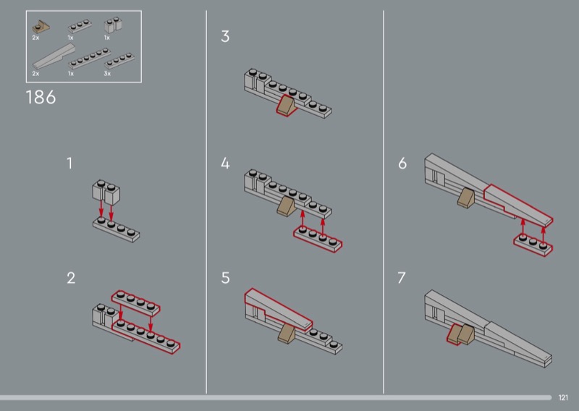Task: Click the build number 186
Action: [41, 98]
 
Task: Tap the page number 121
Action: [563, 397]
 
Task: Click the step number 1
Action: [69, 164]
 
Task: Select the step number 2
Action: [71, 278]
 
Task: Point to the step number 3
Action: [225, 36]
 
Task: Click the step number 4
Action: [225, 164]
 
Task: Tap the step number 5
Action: [225, 278]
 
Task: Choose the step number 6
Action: [402, 164]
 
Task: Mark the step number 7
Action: [402, 278]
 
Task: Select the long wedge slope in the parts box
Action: [54, 56]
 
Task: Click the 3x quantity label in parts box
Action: [107, 74]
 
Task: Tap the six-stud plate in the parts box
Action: [90, 58]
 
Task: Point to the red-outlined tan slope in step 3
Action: [287, 105]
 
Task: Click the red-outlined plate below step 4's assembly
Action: [318, 240]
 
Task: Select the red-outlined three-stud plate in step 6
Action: [533, 245]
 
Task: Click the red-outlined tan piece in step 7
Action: [455, 334]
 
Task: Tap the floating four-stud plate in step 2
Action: [136, 302]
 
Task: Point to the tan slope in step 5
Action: [287, 333]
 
